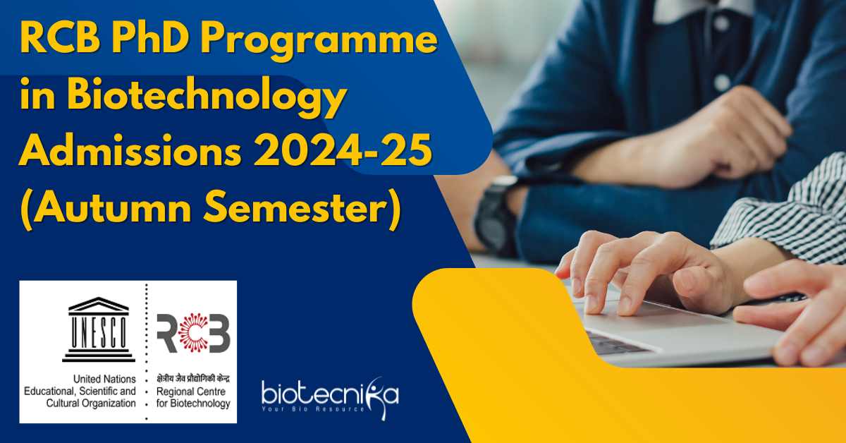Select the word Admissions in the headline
click(130, 150)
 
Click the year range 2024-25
click(343, 150)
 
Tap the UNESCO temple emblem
click(99, 329)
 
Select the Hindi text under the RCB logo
click(193, 378)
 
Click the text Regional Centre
click(191, 392)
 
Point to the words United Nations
click(104, 379)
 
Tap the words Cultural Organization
click(91, 403)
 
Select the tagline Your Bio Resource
click(313, 409)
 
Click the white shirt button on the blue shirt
click(722, 82)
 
